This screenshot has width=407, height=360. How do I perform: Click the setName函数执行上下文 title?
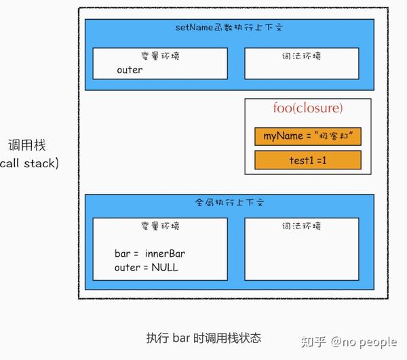(229, 27)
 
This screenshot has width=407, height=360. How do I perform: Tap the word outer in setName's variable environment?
(130, 70)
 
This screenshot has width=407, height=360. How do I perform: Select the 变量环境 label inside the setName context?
(160, 56)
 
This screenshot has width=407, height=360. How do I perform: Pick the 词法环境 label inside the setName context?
(302, 56)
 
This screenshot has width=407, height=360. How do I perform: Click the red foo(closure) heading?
(307, 108)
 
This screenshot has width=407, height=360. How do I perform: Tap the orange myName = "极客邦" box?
(308, 136)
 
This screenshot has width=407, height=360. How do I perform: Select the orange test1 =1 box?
(308, 160)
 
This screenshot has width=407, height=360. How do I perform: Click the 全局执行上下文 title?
(229, 202)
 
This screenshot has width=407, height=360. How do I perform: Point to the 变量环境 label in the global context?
(160, 226)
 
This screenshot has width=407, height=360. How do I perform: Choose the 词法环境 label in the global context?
(302, 226)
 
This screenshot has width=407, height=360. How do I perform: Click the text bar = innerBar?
(150, 254)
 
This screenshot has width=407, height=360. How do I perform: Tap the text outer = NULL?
(147, 267)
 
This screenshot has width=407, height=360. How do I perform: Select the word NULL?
(165, 267)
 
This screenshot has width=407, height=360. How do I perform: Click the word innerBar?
(165, 254)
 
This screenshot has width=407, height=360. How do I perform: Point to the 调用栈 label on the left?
(27, 144)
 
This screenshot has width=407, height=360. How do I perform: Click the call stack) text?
(29, 163)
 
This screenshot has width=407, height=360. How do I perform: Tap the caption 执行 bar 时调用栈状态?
(203, 338)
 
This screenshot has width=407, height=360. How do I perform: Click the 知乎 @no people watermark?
(349, 342)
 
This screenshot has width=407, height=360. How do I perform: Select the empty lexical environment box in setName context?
(302, 64)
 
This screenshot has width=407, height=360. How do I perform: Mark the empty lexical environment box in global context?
(302, 249)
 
